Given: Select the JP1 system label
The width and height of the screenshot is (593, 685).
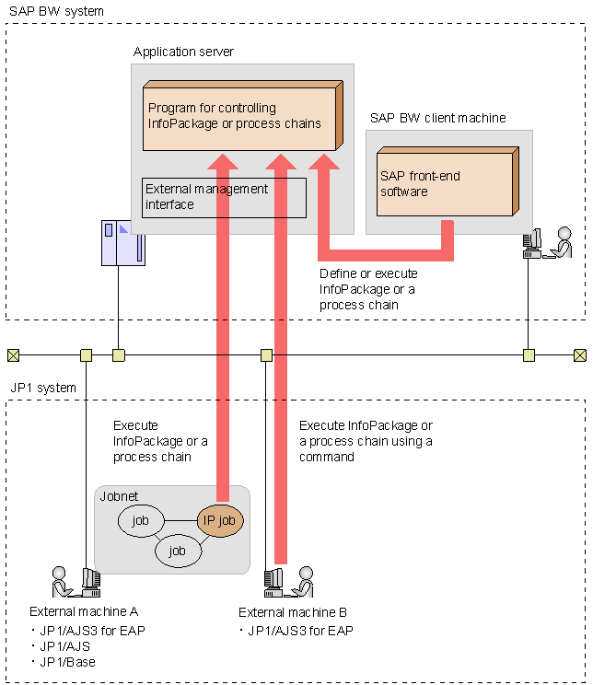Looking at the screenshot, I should click(x=42, y=388).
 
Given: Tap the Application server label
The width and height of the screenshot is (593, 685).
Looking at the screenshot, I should click(x=183, y=52).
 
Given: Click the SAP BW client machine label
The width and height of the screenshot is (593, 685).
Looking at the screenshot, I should click(x=437, y=118).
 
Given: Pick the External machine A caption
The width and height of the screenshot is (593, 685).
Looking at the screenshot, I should click(x=80, y=610).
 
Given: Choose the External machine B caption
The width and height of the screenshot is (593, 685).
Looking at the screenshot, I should click(x=292, y=612).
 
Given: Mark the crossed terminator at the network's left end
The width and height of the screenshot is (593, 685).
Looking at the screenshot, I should click(x=13, y=354).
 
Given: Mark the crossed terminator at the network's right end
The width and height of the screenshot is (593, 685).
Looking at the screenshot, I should click(x=579, y=354).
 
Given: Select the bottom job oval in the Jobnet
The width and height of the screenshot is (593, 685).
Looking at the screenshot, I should click(x=178, y=551).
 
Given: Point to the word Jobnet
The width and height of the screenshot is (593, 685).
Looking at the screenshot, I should click(x=119, y=496).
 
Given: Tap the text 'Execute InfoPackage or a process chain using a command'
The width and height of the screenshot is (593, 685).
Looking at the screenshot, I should click(x=365, y=441).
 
